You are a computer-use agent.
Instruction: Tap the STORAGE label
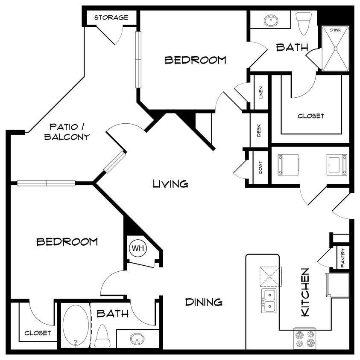tap(111, 17)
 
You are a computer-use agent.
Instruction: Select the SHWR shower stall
tap(335, 49)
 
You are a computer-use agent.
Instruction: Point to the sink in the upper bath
tap(270, 20)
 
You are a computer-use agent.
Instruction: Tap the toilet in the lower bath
tap(103, 336)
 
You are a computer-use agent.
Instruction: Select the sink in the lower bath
tap(137, 339)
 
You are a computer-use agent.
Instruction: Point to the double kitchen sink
tap(269, 301)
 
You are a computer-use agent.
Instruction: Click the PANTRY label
tap(343, 257)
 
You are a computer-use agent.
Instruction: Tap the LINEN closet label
tap(260, 93)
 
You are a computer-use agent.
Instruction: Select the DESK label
tap(259, 130)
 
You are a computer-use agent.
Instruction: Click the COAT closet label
tap(260, 168)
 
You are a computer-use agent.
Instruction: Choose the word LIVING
tap(171, 184)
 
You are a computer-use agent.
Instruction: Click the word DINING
tap(204, 302)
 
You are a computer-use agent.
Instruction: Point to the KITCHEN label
tap(305, 292)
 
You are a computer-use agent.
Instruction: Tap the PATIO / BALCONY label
tap(69, 132)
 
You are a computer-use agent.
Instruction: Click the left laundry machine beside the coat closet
tap(287, 165)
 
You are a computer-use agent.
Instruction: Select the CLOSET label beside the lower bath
tap(38, 333)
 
